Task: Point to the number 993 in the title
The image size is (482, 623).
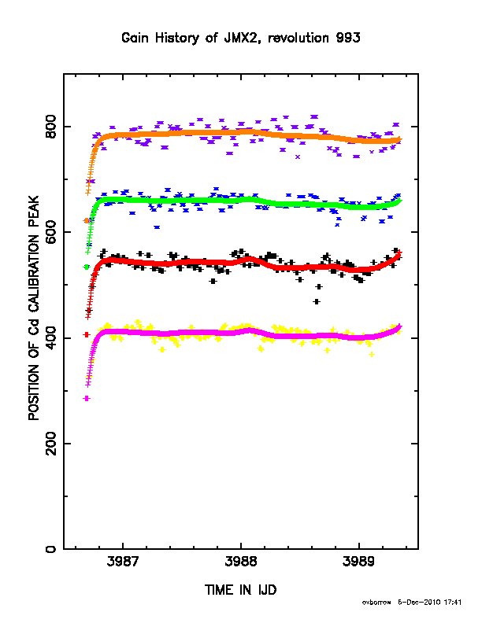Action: click(x=348, y=38)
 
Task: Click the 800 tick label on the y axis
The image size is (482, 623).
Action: click(x=50, y=127)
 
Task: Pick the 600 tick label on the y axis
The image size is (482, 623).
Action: click(x=50, y=232)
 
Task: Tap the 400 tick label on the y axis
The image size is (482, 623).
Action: click(x=50, y=337)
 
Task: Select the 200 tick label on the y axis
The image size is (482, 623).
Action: click(x=50, y=444)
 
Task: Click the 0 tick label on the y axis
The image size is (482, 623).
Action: click(x=50, y=549)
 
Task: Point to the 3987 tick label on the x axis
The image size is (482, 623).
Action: click(x=123, y=562)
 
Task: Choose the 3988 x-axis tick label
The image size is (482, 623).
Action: click(x=240, y=562)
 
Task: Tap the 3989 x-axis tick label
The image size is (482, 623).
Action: click(x=358, y=562)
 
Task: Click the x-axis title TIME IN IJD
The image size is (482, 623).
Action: click(x=240, y=590)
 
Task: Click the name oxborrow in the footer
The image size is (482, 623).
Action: click(x=376, y=603)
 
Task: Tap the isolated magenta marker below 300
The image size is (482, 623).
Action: click(x=87, y=399)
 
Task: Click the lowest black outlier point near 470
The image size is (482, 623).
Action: click(x=317, y=301)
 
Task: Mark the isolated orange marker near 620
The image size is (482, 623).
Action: click(x=87, y=220)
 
